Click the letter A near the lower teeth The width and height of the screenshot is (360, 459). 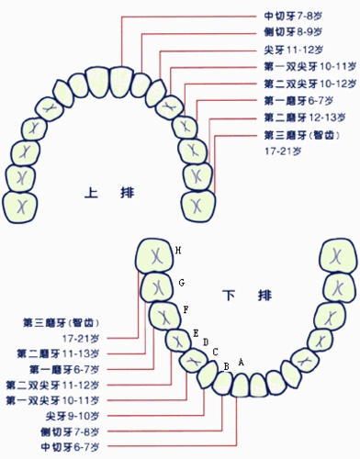tap(241, 362)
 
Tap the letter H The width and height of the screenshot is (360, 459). tap(178, 251)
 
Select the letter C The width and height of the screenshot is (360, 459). tap(215, 351)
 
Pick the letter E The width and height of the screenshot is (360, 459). tap(196, 331)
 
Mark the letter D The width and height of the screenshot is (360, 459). tap(206, 341)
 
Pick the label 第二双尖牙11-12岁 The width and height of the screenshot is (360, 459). tap(52, 385)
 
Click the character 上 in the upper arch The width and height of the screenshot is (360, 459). tap(91, 193)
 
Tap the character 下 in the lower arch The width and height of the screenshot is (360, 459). tap(231, 295)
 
